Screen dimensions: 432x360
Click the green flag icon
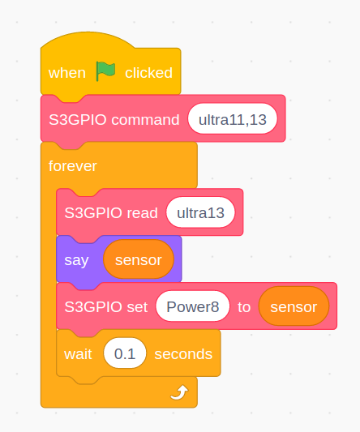click(x=105, y=71)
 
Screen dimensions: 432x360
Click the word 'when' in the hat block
click(x=67, y=73)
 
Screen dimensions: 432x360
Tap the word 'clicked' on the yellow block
click(x=148, y=73)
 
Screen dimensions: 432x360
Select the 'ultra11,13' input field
click(x=233, y=119)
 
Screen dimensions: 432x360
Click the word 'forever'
click(x=73, y=166)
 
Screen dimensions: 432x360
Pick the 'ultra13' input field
click(x=200, y=213)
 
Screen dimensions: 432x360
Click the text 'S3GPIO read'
click(x=111, y=213)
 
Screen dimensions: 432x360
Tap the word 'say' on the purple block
click(x=77, y=260)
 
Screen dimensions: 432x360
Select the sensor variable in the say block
click(x=139, y=260)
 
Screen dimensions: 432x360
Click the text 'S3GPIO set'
click(x=106, y=307)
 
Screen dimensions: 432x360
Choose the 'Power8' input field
click(x=192, y=307)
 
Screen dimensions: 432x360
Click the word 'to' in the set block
click(x=244, y=307)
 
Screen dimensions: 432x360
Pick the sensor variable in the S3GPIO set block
click(x=294, y=307)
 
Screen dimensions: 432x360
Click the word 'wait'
click(x=79, y=354)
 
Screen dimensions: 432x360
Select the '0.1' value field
click(x=125, y=354)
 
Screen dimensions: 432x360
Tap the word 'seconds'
click(x=183, y=354)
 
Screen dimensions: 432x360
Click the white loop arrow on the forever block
click(x=178, y=393)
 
